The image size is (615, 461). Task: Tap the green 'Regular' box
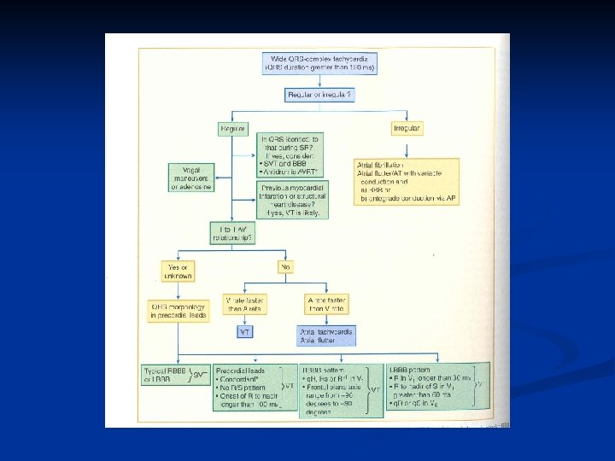tap(232, 128)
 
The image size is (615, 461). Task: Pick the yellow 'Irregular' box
tap(407, 128)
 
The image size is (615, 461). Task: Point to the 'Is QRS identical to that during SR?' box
tap(290, 154)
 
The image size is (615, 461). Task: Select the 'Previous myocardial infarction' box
tap(290, 200)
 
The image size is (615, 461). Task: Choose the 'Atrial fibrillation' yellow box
tap(407, 181)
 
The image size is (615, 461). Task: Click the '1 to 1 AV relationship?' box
tap(232, 233)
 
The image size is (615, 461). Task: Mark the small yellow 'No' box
tap(284, 266)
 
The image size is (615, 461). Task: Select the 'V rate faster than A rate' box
tap(244, 306)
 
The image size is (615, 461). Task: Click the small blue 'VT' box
tap(244, 330)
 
